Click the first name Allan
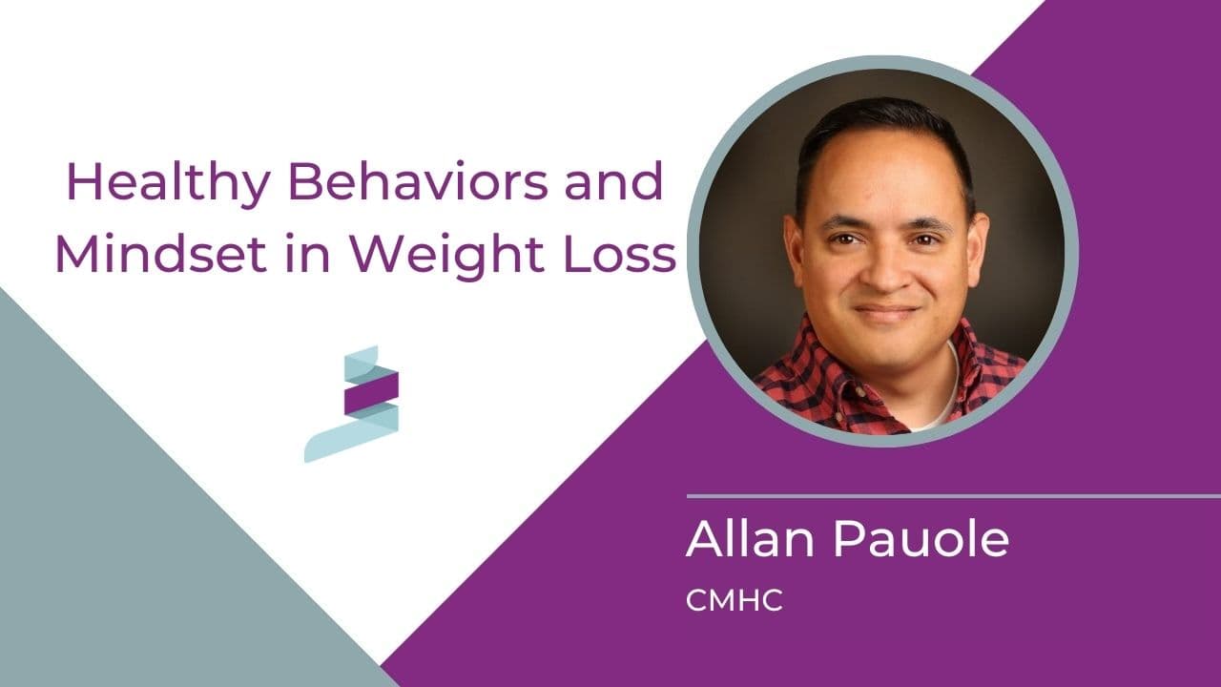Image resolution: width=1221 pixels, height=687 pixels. pos(750,540)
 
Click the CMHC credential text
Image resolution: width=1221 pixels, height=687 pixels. pos(734,602)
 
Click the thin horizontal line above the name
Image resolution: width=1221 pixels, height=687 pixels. pos(954,496)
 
